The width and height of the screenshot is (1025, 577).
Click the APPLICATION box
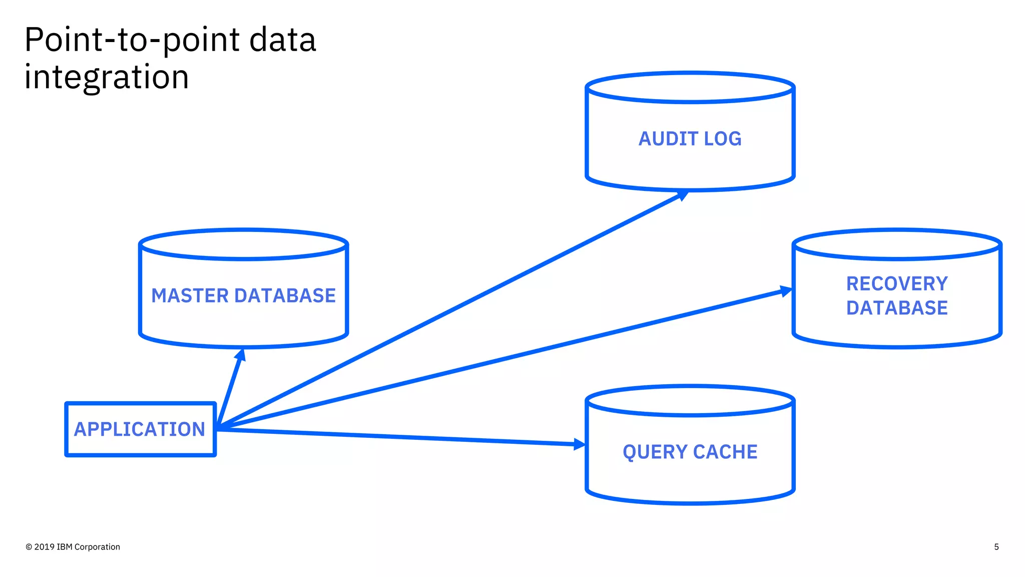[x=140, y=429]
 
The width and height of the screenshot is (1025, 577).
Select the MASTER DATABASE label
[x=243, y=296]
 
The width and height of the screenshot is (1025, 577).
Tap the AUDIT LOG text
[x=690, y=139]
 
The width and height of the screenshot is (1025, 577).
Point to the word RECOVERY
[x=897, y=283]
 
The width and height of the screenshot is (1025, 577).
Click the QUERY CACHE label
[x=690, y=452]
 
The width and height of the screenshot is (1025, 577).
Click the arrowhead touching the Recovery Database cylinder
[x=786, y=291]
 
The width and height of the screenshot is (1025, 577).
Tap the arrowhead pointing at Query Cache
[x=579, y=444]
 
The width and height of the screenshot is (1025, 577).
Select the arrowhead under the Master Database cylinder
[x=241, y=355]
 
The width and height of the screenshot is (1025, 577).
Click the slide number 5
[x=996, y=547]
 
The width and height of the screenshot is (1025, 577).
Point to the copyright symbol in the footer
[x=29, y=547]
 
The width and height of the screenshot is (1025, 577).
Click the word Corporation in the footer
[x=97, y=547]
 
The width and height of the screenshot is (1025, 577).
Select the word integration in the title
[x=107, y=77]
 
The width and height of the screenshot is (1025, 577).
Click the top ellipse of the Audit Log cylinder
[x=690, y=88]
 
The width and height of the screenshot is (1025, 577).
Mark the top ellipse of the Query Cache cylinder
[x=690, y=401]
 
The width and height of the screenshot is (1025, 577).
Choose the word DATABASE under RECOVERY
[x=897, y=308]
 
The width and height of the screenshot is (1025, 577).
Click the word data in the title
[x=283, y=40]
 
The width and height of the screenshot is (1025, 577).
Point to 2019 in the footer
[x=45, y=547]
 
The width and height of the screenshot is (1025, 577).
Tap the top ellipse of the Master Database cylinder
[x=243, y=244]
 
